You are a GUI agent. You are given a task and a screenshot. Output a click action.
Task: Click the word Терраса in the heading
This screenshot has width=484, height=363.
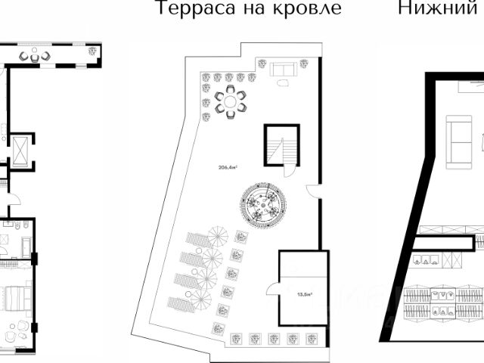191,9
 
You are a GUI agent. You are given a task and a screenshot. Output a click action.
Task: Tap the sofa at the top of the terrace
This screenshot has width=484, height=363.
282,70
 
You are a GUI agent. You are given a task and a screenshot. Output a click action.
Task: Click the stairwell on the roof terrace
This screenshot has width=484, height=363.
281,145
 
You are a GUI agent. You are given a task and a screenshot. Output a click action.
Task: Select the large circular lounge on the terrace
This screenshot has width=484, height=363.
262,204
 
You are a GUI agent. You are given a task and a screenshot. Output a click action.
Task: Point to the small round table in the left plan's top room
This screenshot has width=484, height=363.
35,56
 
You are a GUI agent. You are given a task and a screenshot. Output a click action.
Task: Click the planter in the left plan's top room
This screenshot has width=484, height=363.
92,51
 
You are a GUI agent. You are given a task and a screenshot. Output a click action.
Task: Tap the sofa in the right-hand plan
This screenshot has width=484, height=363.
458,141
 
